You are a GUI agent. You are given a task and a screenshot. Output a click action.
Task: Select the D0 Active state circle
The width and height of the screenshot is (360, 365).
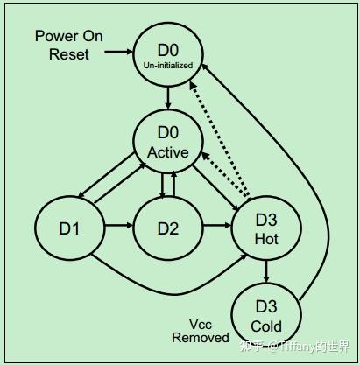(167, 143)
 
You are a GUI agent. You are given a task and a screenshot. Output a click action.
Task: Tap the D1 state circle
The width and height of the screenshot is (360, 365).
(69, 228)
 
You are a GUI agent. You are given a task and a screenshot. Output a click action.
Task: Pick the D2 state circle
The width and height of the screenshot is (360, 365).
(167, 228)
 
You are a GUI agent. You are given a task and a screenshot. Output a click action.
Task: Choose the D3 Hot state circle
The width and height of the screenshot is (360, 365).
(266, 228)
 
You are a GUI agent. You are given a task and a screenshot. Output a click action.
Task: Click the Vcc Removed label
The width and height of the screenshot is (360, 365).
(201, 329)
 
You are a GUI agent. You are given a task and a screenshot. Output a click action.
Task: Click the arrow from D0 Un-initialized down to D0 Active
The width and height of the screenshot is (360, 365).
(167, 97)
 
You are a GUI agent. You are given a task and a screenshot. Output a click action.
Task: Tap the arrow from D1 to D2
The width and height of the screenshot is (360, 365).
(118, 228)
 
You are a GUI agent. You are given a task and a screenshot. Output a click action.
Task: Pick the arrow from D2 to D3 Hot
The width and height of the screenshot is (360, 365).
(216, 228)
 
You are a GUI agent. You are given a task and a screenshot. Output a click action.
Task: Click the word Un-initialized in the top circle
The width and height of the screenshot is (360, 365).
(167, 64)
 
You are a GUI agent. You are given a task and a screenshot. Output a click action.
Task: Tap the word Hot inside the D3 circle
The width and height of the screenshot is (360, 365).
(266, 238)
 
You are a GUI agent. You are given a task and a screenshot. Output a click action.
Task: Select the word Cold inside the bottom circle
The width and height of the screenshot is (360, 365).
(266, 327)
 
